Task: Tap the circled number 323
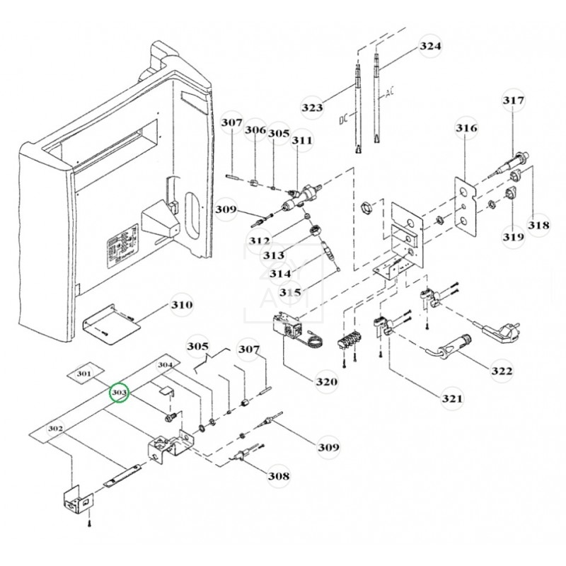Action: click(312, 107)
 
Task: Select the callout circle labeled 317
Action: click(514, 100)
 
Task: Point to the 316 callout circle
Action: click(466, 129)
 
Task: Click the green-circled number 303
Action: click(119, 391)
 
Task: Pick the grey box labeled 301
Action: click(84, 373)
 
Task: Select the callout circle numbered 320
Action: click(326, 382)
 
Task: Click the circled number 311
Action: click(301, 141)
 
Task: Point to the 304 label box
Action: click(164, 366)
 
